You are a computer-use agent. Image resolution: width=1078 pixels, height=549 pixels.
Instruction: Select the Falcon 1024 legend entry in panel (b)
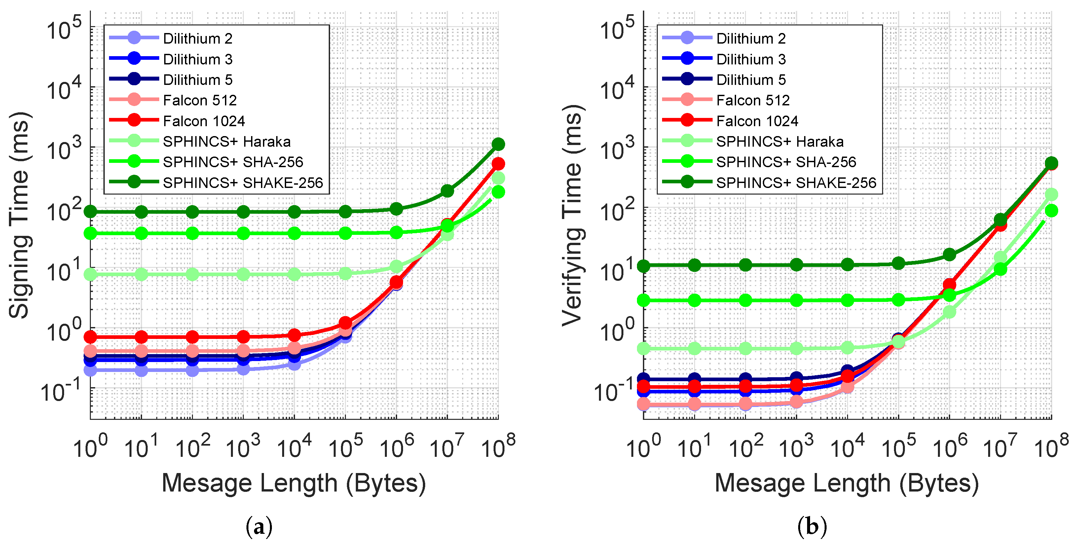tap(757, 121)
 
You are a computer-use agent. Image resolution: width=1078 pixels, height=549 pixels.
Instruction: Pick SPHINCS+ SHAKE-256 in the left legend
tap(243, 182)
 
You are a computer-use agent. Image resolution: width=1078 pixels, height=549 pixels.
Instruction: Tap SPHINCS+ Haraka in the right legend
tap(779, 141)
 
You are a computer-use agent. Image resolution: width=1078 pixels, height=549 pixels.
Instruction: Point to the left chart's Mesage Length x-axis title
tap(294, 483)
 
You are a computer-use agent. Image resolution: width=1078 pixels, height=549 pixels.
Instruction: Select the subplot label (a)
tap(259, 527)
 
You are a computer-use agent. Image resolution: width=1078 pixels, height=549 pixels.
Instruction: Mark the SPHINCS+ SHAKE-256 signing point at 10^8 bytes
tap(498, 144)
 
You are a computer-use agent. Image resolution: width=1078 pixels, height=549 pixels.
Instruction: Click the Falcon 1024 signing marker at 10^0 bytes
tap(91, 336)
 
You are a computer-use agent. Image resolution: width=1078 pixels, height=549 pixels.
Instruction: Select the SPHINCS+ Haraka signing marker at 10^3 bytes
tap(243, 274)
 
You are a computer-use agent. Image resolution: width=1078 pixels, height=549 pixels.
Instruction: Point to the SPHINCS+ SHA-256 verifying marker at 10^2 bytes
tap(745, 300)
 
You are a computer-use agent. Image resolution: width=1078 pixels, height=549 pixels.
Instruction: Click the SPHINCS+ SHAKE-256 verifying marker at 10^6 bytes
tap(949, 254)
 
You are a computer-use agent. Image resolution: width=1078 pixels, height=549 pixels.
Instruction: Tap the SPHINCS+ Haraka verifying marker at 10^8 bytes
tap(1051, 195)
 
